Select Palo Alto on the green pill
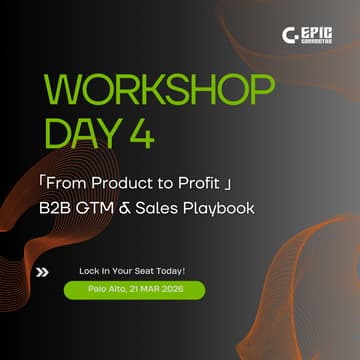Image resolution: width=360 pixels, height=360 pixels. point(87,289)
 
